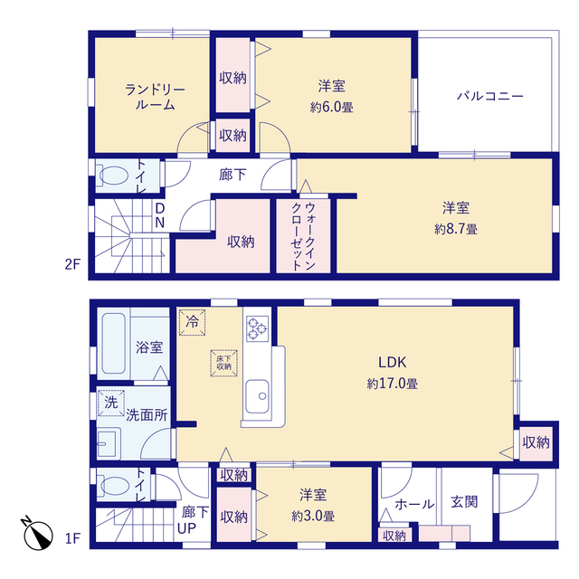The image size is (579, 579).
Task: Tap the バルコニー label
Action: pyautogui.click(x=489, y=96)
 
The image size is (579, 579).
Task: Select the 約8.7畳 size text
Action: pyautogui.click(x=456, y=229)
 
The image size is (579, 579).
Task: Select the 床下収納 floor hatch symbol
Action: pyautogui.click(x=223, y=360)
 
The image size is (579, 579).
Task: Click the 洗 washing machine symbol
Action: pyautogui.click(x=110, y=402)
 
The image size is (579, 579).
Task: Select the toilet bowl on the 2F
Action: pyautogui.click(x=113, y=175)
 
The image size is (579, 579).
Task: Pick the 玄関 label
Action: pyautogui.click(x=464, y=502)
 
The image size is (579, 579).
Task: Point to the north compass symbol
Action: pyautogui.click(x=37, y=534)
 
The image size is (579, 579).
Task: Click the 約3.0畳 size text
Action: pyautogui.click(x=314, y=517)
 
